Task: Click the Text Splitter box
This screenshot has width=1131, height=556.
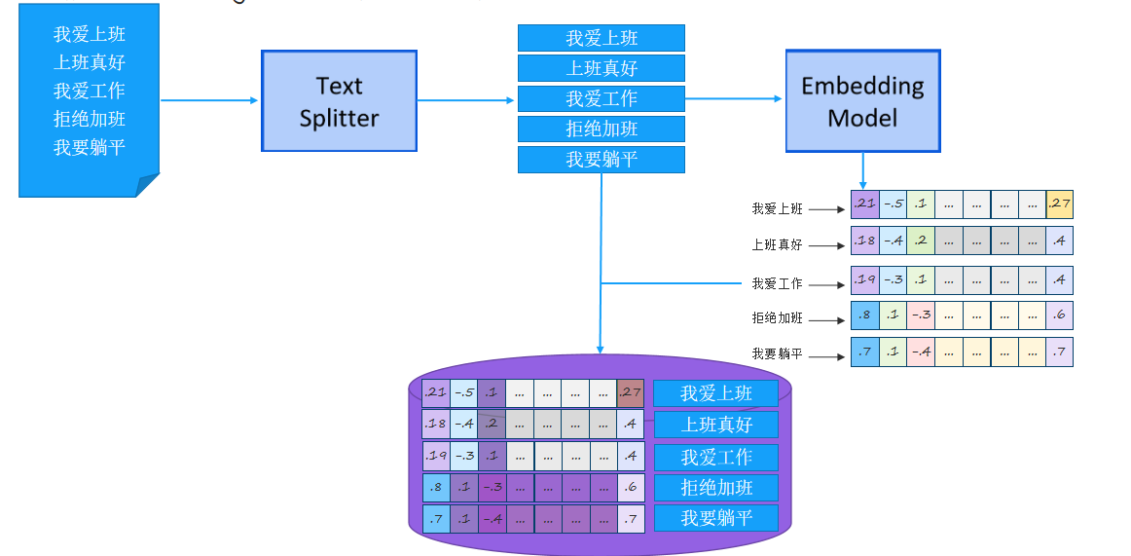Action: (339, 101)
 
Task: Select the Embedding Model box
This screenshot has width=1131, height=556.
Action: (862, 101)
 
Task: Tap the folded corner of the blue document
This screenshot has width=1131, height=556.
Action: (147, 185)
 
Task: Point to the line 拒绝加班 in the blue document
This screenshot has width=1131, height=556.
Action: (90, 119)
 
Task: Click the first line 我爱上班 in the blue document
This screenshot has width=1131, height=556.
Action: (90, 35)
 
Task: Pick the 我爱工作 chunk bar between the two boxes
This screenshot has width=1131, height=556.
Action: (601, 98)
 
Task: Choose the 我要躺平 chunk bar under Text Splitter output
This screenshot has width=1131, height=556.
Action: (601, 159)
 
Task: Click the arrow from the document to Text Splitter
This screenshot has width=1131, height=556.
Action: (209, 100)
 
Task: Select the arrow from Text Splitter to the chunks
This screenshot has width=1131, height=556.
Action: (466, 100)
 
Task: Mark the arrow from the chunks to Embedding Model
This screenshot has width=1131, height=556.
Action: (735, 98)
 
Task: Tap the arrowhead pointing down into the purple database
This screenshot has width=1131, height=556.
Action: (601, 349)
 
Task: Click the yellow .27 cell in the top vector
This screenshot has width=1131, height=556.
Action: (1059, 204)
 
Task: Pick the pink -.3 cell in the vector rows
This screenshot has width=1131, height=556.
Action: (921, 315)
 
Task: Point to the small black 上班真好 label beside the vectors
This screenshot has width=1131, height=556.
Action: (777, 245)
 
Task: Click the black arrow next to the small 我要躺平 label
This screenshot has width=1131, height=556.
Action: (826, 356)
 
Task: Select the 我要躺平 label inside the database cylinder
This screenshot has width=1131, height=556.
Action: (715, 518)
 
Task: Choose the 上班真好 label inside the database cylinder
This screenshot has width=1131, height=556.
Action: (715, 425)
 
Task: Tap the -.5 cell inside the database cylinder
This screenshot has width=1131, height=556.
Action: (463, 392)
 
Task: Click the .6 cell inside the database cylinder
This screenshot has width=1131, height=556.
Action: (631, 487)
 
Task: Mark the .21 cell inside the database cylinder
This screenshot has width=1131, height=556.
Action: (435, 392)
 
